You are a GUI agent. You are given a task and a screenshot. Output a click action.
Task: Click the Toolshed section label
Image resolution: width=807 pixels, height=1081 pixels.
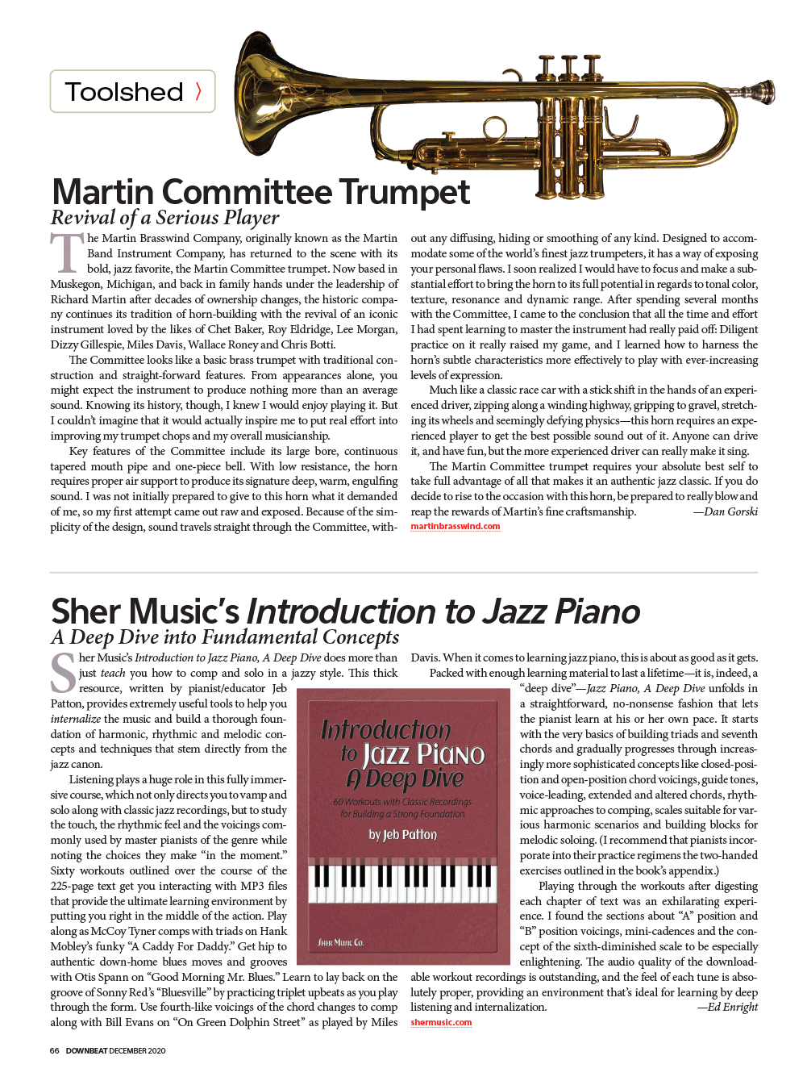point(123,92)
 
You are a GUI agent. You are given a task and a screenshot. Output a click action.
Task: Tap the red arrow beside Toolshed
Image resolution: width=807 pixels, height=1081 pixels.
point(198,91)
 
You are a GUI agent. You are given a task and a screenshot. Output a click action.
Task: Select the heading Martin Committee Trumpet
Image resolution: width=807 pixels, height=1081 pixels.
point(260,192)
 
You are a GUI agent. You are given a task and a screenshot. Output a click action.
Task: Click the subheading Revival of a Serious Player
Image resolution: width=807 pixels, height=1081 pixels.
point(165,218)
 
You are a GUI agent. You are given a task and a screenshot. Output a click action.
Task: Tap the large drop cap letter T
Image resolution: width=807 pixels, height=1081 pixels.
point(67,253)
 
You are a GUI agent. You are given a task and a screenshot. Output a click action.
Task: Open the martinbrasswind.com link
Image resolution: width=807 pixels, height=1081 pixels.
point(455,527)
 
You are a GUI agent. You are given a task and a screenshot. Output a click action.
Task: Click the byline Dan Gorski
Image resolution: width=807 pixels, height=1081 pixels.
point(728,511)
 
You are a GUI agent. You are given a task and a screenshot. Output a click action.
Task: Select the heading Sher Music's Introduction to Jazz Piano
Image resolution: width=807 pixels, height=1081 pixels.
point(345,611)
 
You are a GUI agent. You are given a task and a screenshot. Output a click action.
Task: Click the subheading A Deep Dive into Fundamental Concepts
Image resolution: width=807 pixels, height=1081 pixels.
point(225,637)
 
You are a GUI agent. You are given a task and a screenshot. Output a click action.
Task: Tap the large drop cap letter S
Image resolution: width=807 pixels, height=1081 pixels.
point(63,674)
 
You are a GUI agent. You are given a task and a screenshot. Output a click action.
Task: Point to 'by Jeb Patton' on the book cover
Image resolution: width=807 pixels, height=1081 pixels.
point(403,835)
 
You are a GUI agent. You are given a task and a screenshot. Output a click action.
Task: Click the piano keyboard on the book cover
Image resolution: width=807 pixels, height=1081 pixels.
point(403,884)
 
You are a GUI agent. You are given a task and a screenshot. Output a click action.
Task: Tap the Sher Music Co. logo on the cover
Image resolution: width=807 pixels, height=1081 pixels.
point(341,942)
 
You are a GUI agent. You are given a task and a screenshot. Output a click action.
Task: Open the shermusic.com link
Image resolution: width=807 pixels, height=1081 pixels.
point(441,1023)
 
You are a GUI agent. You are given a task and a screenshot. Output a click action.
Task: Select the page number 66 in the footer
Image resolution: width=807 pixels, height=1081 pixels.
point(54,1051)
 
